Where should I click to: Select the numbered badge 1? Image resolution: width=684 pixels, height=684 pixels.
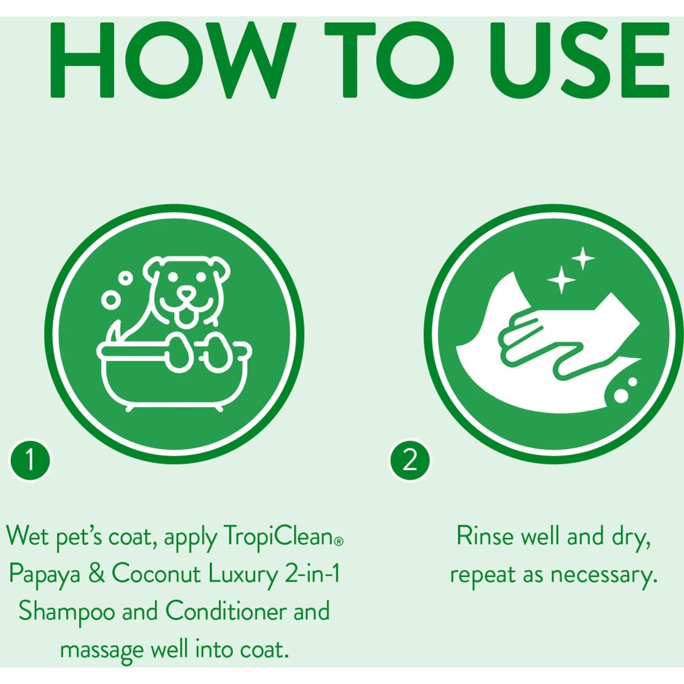pos(30,460)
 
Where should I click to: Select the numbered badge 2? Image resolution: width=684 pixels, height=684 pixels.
pos(409,460)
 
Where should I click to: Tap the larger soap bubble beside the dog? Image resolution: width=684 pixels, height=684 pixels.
pos(110,300)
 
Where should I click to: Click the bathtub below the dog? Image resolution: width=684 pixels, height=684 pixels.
pos(173,378)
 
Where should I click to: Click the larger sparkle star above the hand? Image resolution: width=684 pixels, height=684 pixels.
pos(561,279)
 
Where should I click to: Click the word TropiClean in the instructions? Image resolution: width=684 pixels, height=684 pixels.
pos(279,536)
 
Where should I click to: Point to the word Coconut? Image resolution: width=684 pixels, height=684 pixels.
pos(156,574)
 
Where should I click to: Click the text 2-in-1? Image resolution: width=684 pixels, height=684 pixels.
pos(312,574)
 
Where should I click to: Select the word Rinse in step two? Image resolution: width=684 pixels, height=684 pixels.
pos(485,536)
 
